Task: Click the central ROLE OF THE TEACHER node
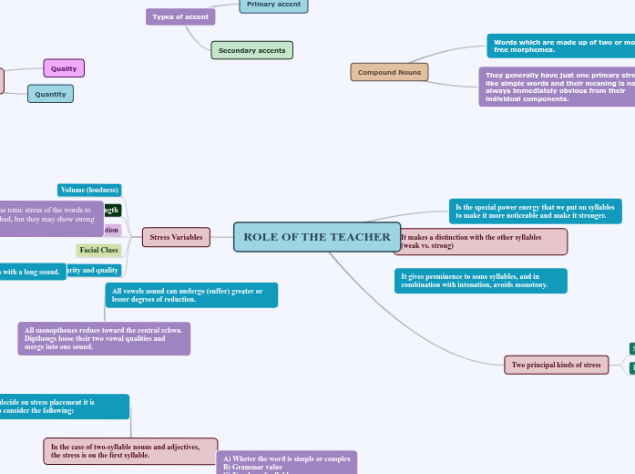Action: click(x=317, y=237)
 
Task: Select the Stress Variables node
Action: click(x=177, y=237)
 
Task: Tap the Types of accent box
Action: click(x=180, y=16)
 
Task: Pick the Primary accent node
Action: click(x=273, y=5)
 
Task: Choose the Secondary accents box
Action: click(x=252, y=50)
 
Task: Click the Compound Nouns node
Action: click(x=389, y=72)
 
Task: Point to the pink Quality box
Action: click(x=64, y=68)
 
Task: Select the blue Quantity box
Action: click(x=50, y=93)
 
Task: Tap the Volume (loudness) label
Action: click(x=89, y=190)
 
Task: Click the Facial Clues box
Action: click(x=99, y=250)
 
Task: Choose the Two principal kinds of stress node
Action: click(x=556, y=365)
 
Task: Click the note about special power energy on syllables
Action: click(x=535, y=211)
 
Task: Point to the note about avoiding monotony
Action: click(x=480, y=281)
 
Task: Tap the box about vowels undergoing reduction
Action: click(x=191, y=294)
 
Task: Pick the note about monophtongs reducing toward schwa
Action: click(x=104, y=338)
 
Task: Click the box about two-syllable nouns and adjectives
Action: click(x=130, y=450)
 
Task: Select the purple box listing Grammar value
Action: click(x=286, y=462)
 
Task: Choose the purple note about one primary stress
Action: click(x=557, y=87)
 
